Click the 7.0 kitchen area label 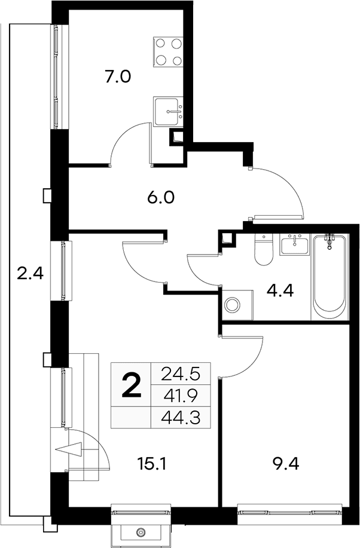coord(118,76)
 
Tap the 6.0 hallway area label coord(161,198)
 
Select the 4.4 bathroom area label coord(280,290)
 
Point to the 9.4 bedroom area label coord(285,464)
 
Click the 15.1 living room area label coord(152,464)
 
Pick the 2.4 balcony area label coord(30,273)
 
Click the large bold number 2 coord(132,385)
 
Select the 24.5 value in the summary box coord(181,374)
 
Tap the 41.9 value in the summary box coord(181,396)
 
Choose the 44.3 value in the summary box coord(181,417)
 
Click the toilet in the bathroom coord(264,250)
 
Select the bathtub coord(330,277)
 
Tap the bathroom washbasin coord(295,244)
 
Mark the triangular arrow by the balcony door coord(69,450)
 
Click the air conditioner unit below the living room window coord(141,532)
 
